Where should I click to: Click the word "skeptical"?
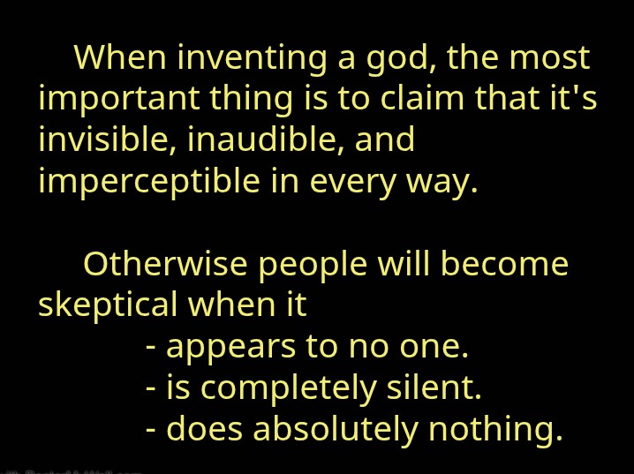click(108, 305)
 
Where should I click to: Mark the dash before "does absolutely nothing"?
click(152, 430)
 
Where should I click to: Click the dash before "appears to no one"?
click(152, 347)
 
